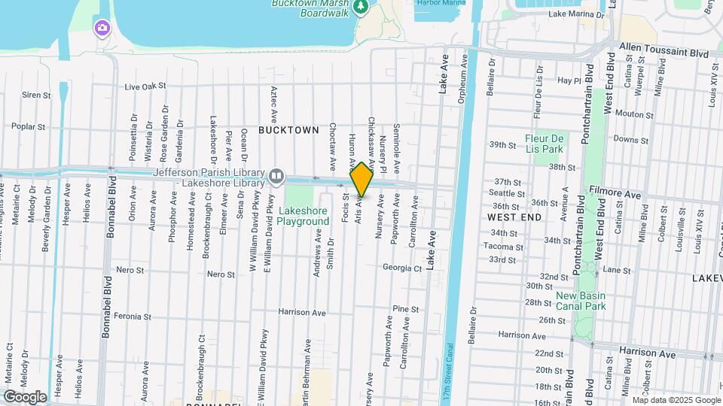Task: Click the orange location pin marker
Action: [x=361, y=179]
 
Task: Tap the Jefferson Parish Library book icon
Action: [x=276, y=177]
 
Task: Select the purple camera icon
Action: [x=102, y=29]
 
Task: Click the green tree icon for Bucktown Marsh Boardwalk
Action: [x=361, y=6]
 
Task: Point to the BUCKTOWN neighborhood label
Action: [x=288, y=130]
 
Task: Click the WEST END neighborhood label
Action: [x=514, y=217]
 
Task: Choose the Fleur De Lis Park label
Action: [x=545, y=144]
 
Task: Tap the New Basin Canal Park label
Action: [x=581, y=301]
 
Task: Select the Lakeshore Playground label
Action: [x=303, y=216]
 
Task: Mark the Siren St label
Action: [x=36, y=95]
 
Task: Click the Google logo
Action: [x=25, y=396]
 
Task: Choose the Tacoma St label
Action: [x=498, y=247]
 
